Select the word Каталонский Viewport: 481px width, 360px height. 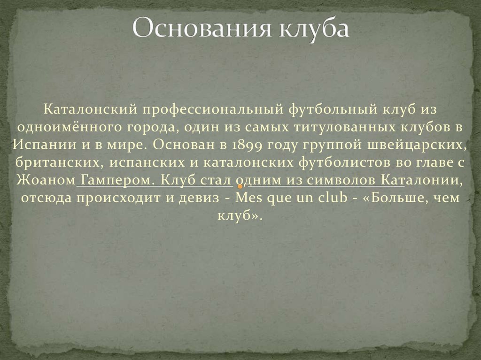[x=89, y=109]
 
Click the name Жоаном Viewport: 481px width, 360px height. [x=46, y=180]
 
